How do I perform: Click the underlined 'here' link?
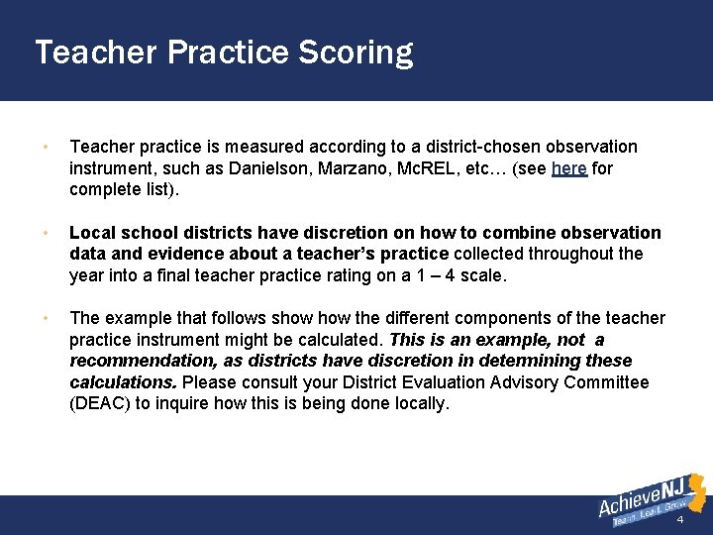569,168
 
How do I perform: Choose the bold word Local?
93,233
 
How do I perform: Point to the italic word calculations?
122,382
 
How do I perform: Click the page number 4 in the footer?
680,520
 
